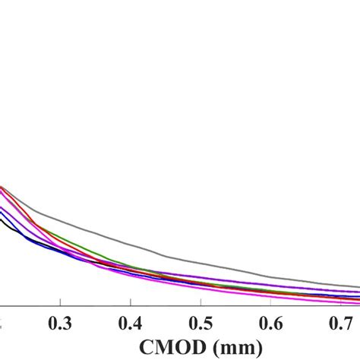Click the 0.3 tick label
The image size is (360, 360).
(61, 322)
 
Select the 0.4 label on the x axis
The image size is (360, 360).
(131, 322)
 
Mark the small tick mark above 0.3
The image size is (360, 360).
(61, 305)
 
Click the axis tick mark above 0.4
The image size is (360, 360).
(131, 305)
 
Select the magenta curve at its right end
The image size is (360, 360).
(357, 302)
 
